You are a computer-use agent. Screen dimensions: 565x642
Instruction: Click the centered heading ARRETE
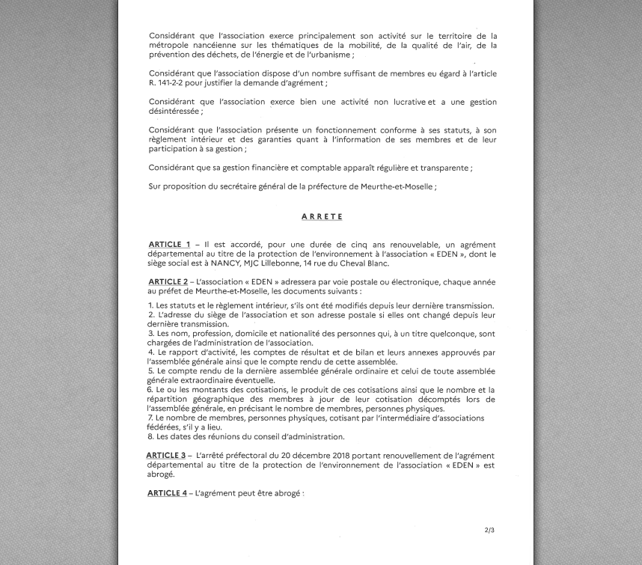tap(322, 217)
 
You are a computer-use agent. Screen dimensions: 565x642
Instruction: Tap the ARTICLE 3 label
tap(165, 456)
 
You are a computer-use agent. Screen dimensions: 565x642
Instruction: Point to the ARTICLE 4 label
tap(166, 493)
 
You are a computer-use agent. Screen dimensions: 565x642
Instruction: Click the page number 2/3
tap(489, 531)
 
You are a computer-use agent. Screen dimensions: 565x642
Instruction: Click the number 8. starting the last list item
tap(150, 437)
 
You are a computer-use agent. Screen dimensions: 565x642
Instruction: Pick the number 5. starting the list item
tap(150, 371)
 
